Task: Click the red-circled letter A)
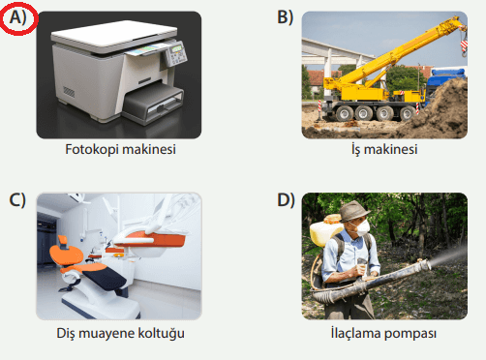17,17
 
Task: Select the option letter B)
286,17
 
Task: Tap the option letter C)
17,199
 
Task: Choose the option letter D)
286,199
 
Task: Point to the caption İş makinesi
384,149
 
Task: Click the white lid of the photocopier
114,36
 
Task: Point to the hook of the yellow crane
464,47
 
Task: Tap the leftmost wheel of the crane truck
345,113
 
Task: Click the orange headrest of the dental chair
67,254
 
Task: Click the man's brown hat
352,211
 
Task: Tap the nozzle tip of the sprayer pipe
428,265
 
